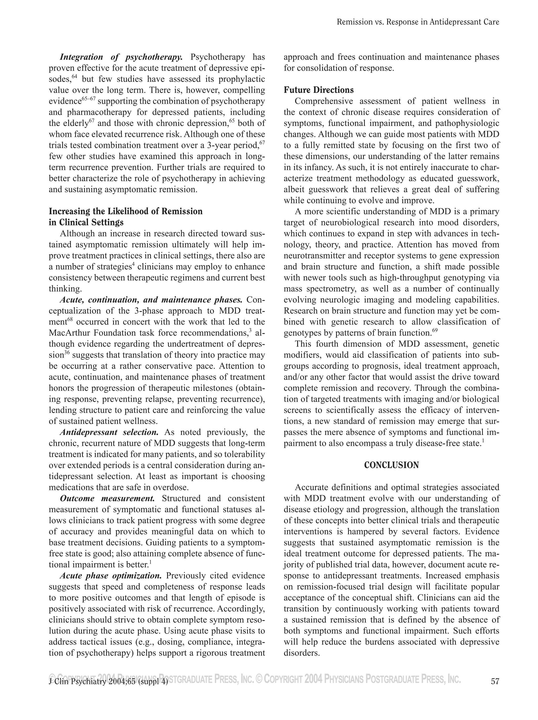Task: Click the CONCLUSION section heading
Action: (x=391, y=465)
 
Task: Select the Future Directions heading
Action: (x=319, y=90)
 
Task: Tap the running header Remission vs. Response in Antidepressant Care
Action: (x=418, y=22)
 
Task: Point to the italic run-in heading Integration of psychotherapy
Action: (x=121, y=57)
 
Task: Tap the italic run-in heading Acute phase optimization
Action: (x=111, y=576)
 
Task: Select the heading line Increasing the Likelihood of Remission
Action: (x=126, y=211)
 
